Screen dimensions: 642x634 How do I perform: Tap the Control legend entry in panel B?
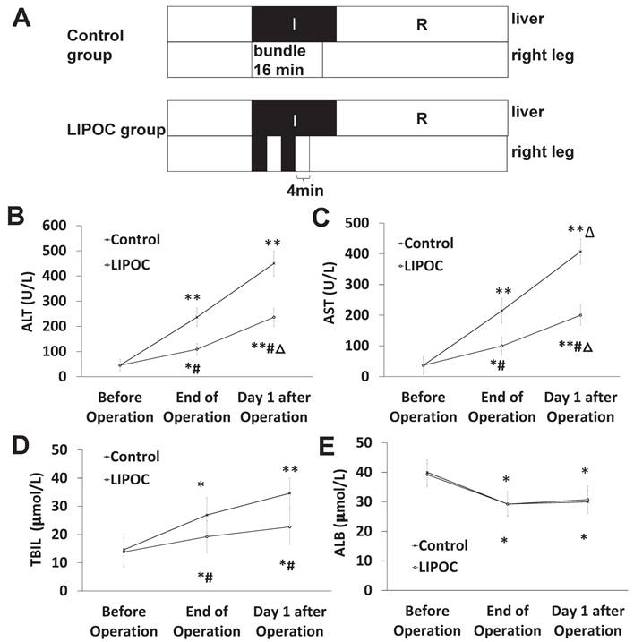(133, 239)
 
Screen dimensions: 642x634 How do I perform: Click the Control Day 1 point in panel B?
(272, 263)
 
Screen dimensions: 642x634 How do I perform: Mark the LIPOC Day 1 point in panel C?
(580, 315)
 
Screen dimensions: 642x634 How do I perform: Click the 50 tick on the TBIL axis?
(63, 449)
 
